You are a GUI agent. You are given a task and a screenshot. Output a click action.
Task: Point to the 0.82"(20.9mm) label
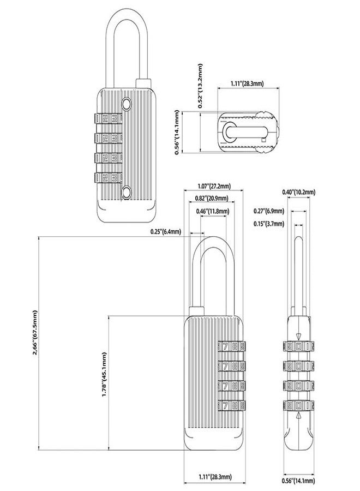coord(213,198)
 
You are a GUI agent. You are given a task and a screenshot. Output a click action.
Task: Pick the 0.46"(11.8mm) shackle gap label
coord(213,211)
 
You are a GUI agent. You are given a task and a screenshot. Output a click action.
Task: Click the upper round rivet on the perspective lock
coord(127,104)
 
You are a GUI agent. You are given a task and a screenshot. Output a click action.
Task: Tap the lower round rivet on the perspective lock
coord(127,191)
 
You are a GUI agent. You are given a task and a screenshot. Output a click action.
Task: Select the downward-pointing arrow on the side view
coord(298,336)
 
